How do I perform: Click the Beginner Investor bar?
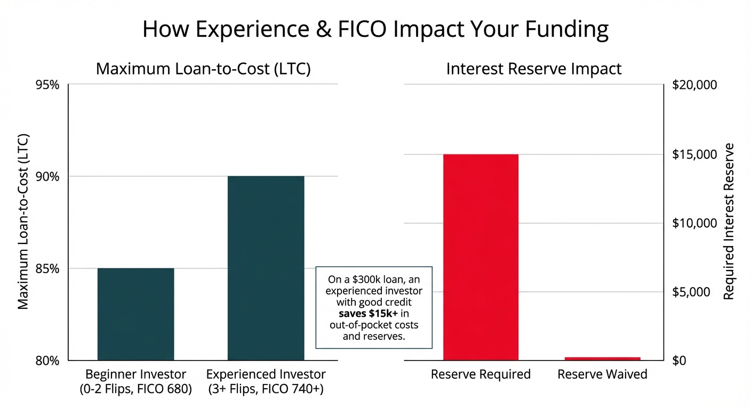135,314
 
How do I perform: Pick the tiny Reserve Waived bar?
602,358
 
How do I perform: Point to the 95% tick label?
48,85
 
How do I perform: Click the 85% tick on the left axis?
48,268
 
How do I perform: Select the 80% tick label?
48,361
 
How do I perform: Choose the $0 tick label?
680,361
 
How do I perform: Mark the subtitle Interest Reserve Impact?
533,69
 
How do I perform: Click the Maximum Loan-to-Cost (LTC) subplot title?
203,69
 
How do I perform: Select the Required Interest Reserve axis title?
729,221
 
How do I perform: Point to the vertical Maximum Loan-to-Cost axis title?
23,221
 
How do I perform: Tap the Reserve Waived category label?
602,374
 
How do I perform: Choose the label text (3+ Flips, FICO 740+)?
266,389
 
